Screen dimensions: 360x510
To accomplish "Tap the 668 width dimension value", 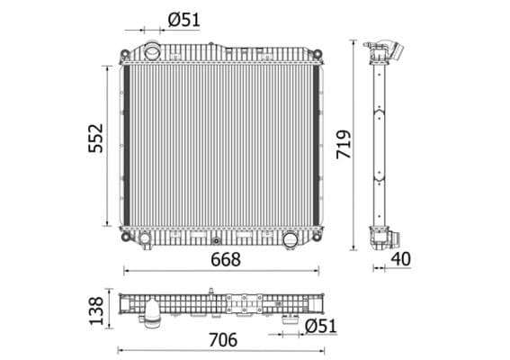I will pyautogui.click(x=225, y=260).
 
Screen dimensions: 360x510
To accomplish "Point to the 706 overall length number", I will pyautogui.click(x=222, y=339).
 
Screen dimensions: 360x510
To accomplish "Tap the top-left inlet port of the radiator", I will pyautogui.click(x=153, y=50).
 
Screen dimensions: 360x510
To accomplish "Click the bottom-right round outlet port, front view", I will pyautogui.click(x=291, y=240).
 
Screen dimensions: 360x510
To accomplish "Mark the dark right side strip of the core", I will pyautogui.click(x=317, y=144).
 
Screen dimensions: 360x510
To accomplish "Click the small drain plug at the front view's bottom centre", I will pyautogui.click(x=216, y=239).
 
